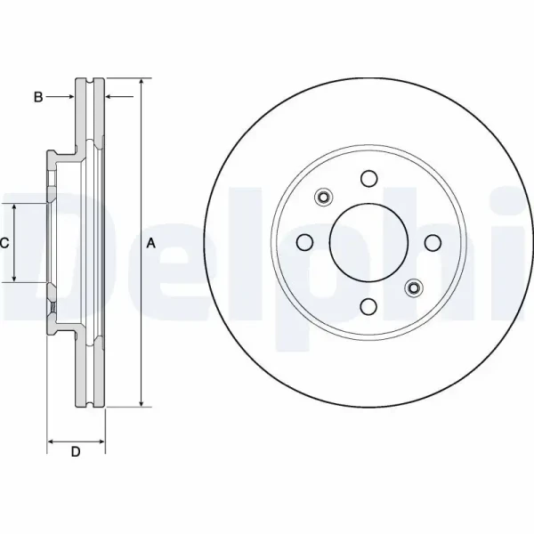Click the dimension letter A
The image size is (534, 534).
tap(151, 243)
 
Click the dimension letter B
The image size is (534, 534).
tap(38, 97)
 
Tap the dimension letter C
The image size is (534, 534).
tap(4, 243)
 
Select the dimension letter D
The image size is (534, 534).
tap(76, 451)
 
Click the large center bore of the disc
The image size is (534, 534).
tap(368, 243)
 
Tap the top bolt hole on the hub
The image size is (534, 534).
tap(369, 179)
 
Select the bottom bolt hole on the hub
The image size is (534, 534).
tap(368, 306)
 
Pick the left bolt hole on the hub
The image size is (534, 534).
tap(304, 242)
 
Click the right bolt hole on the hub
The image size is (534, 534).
tap(433, 243)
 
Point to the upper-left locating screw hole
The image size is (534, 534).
tap(324, 198)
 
